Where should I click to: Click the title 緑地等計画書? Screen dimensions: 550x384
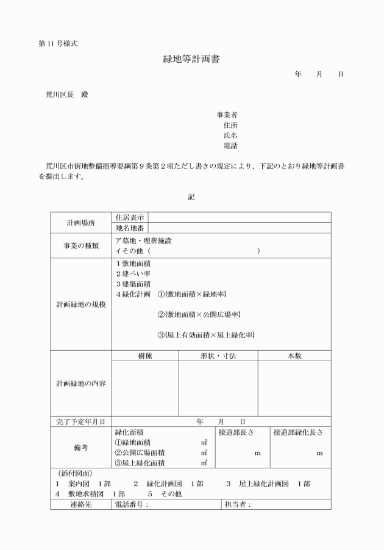click(191, 60)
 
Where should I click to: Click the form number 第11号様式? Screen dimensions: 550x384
click(58, 43)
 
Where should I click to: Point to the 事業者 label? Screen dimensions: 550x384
click(227, 115)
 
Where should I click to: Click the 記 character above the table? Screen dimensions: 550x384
click(191, 197)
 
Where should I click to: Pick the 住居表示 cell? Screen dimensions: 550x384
click(130, 217)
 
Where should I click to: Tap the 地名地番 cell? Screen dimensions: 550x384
click(130, 228)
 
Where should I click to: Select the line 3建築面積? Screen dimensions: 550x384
click(133, 284)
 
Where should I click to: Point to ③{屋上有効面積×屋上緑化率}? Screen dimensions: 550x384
click(206, 335)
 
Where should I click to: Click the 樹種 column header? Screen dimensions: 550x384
click(144, 356)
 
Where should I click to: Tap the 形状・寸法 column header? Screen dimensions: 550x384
click(218, 356)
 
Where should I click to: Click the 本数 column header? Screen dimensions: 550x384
click(294, 356)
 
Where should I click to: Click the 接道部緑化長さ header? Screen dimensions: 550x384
click(298, 432)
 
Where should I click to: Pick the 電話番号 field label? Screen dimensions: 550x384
click(132, 505)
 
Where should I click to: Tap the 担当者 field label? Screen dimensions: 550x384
click(238, 505)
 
